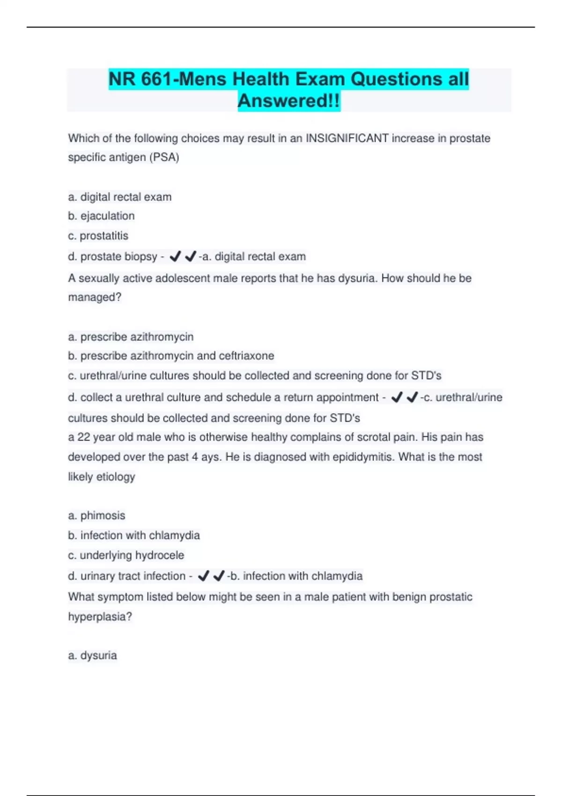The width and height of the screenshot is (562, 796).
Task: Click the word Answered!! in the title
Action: click(x=288, y=101)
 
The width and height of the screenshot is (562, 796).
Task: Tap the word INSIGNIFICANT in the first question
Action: click(x=347, y=138)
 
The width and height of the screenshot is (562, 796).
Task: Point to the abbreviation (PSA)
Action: click(x=164, y=157)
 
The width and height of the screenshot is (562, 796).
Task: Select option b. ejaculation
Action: click(x=101, y=216)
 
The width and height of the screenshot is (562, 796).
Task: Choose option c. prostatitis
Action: click(x=98, y=236)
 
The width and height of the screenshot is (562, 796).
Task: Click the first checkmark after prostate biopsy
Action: click(x=175, y=256)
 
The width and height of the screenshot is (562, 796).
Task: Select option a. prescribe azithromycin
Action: click(x=131, y=337)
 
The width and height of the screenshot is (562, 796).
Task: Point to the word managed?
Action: click(x=95, y=297)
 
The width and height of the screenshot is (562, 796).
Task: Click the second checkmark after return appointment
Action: click(x=412, y=397)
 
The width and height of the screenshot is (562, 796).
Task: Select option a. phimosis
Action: click(x=96, y=516)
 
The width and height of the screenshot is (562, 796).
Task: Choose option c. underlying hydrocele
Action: click(x=126, y=555)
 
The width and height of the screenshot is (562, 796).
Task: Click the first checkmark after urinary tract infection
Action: click(x=203, y=575)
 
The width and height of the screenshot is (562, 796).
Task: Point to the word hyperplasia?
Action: click(x=100, y=617)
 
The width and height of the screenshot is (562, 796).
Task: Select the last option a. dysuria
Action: click(x=92, y=655)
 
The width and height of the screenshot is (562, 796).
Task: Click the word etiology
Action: click(x=115, y=477)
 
